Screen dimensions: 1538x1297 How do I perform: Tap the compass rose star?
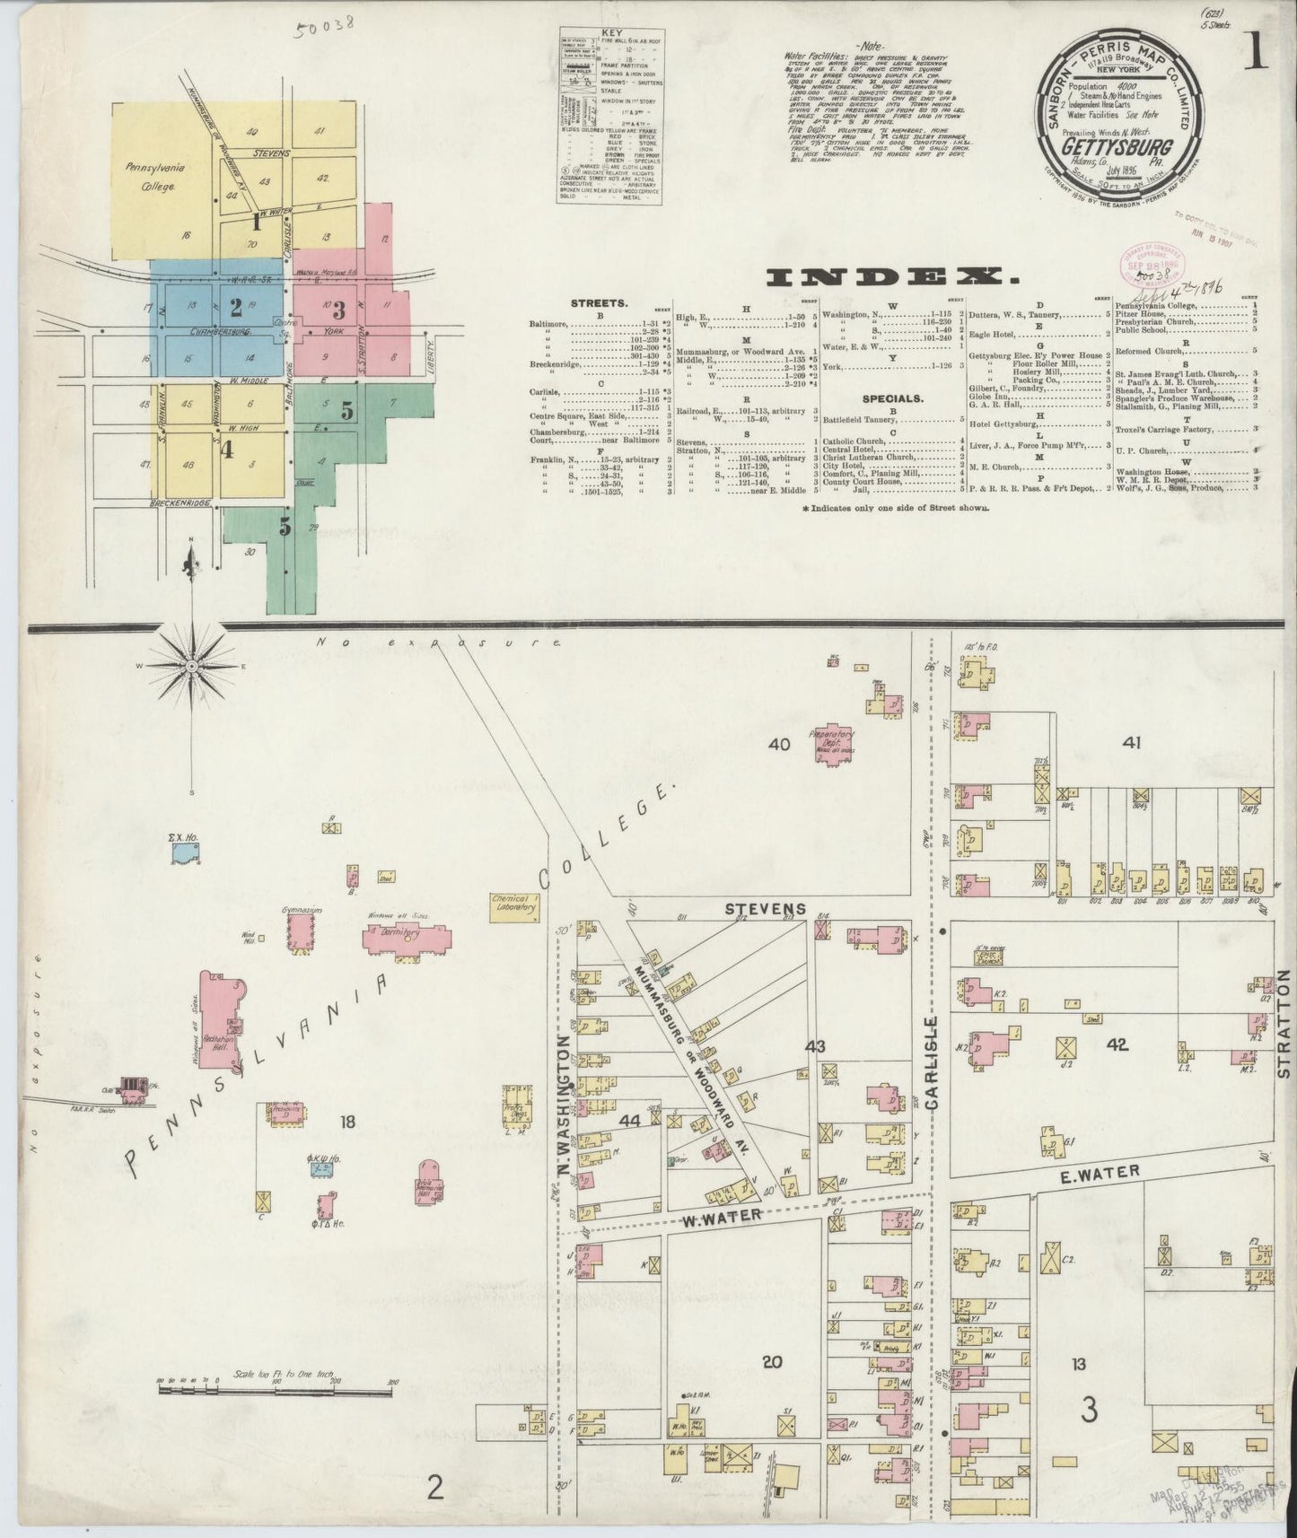(192, 666)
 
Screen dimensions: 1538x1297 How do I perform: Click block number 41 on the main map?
(1130, 742)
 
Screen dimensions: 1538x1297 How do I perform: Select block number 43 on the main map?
(815, 1046)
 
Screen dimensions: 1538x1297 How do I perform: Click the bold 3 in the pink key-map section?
(338, 311)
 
